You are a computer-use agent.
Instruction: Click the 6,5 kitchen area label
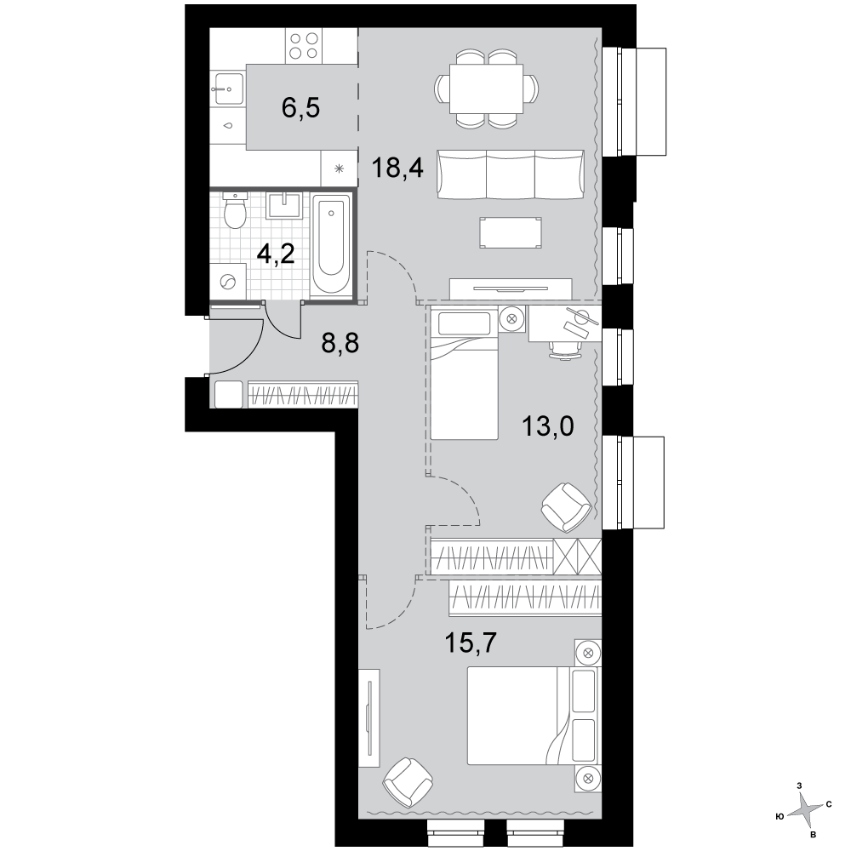tap(300, 107)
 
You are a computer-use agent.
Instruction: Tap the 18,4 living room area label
tap(397, 168)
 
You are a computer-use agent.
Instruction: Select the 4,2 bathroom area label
tap(276, 254)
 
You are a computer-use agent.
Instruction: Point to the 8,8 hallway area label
tap(340, 343)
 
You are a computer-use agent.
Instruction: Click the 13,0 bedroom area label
tap(547, 426)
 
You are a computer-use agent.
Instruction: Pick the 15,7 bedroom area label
tap(471, 643)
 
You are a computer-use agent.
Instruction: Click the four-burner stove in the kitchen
tap(304, 46)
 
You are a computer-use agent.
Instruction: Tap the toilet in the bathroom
tap(235, 210)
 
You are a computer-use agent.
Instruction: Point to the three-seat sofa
tap(511, 174)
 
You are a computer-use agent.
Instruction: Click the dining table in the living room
tap(487, 89)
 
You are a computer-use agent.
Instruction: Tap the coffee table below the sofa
tap(510, 232)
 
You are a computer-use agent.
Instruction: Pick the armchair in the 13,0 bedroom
tap(566, 507)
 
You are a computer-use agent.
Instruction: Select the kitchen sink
tap(228, 88)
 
